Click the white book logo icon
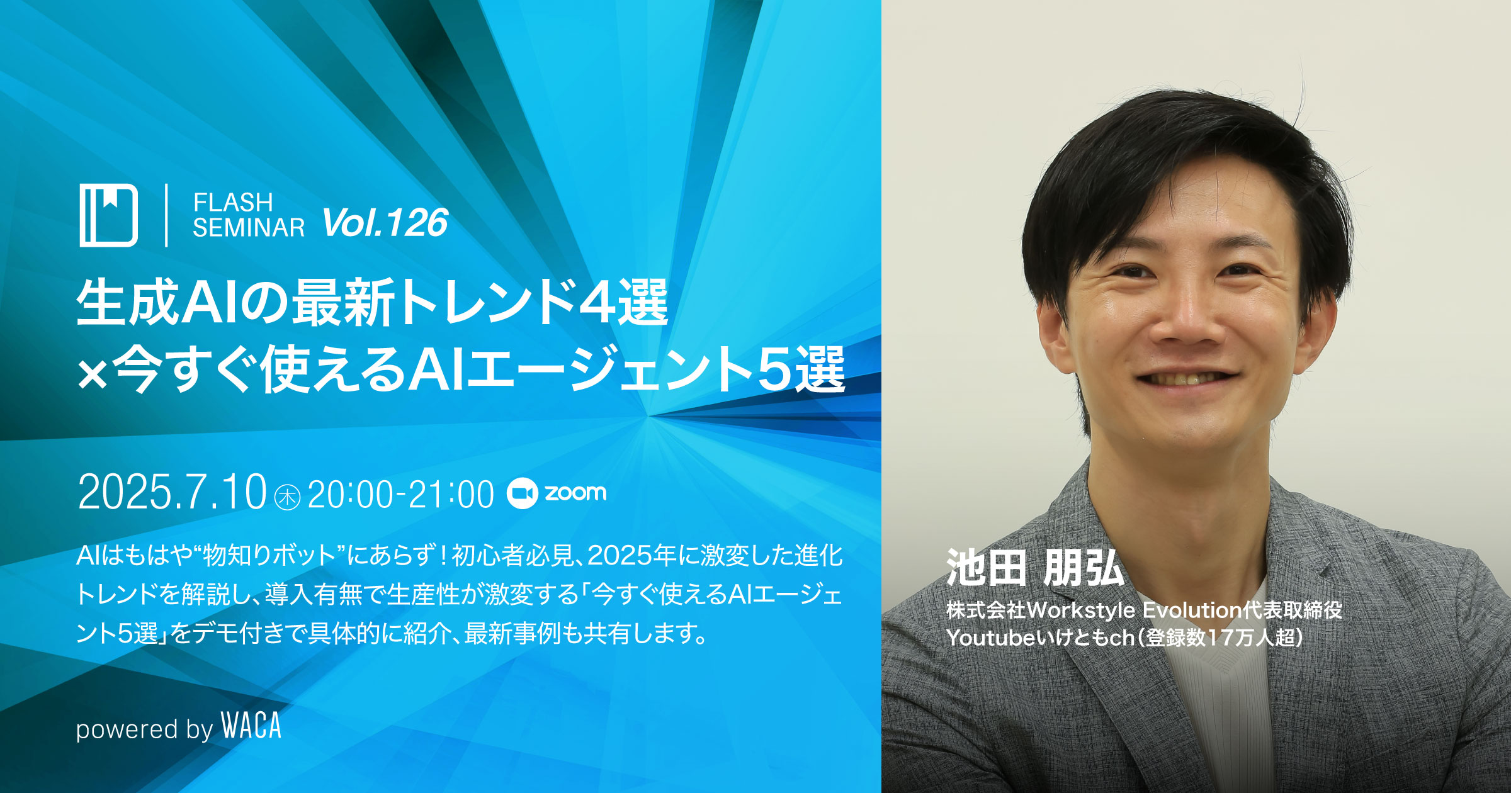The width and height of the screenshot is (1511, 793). [x=108, y=215]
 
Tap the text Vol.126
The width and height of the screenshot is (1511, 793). [x=385, y=223]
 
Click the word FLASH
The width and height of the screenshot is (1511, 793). [x=233, y=203]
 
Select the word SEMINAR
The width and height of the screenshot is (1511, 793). [x=249, y=227]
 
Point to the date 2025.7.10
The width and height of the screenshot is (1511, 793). [x=173, y=492]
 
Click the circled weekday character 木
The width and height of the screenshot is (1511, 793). [x=288, y=497]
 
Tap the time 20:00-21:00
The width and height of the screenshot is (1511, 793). [x=401, y=495]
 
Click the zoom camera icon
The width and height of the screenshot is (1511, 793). [x=522, y=493]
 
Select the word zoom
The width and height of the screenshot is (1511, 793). [x=575, y=493]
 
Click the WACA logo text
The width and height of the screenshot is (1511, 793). [x=251, y=726]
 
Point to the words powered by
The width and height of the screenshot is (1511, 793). [x=145, y=729]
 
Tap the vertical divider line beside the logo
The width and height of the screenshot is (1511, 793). [x=166, y=215]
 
